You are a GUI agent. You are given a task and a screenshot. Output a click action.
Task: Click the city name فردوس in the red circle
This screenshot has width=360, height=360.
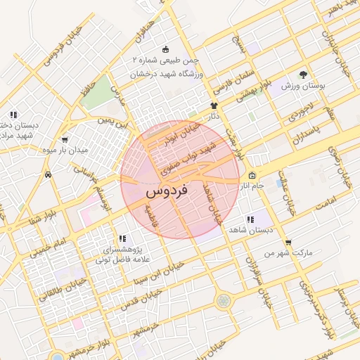point(167,191)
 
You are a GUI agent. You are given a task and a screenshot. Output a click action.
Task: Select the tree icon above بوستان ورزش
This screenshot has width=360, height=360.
point(303,74)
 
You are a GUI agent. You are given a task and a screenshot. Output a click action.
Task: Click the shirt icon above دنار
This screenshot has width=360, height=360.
point(214,104)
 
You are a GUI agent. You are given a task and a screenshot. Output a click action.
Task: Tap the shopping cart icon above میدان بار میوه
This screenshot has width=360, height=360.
point(65,140)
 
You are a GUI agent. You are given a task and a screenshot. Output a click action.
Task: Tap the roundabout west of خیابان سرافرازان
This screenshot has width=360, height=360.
point(223,300)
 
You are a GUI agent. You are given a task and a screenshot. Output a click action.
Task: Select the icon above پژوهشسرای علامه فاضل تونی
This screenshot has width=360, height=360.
point(122,239)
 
